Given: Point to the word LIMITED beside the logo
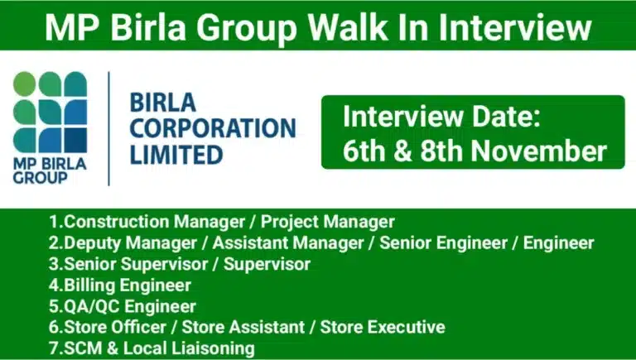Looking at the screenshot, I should [176, 154].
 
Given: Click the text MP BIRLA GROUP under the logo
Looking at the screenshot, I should [50, 170].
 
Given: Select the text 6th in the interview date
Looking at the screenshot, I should [361, 151].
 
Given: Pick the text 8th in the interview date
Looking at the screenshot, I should [438, 151].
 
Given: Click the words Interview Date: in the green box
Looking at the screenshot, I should [441, 117].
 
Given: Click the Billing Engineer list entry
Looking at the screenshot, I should [120, 286].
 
